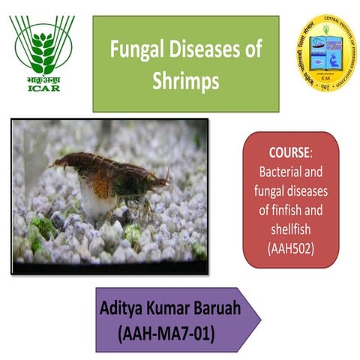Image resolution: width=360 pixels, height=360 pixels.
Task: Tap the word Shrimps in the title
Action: [185, 81]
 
